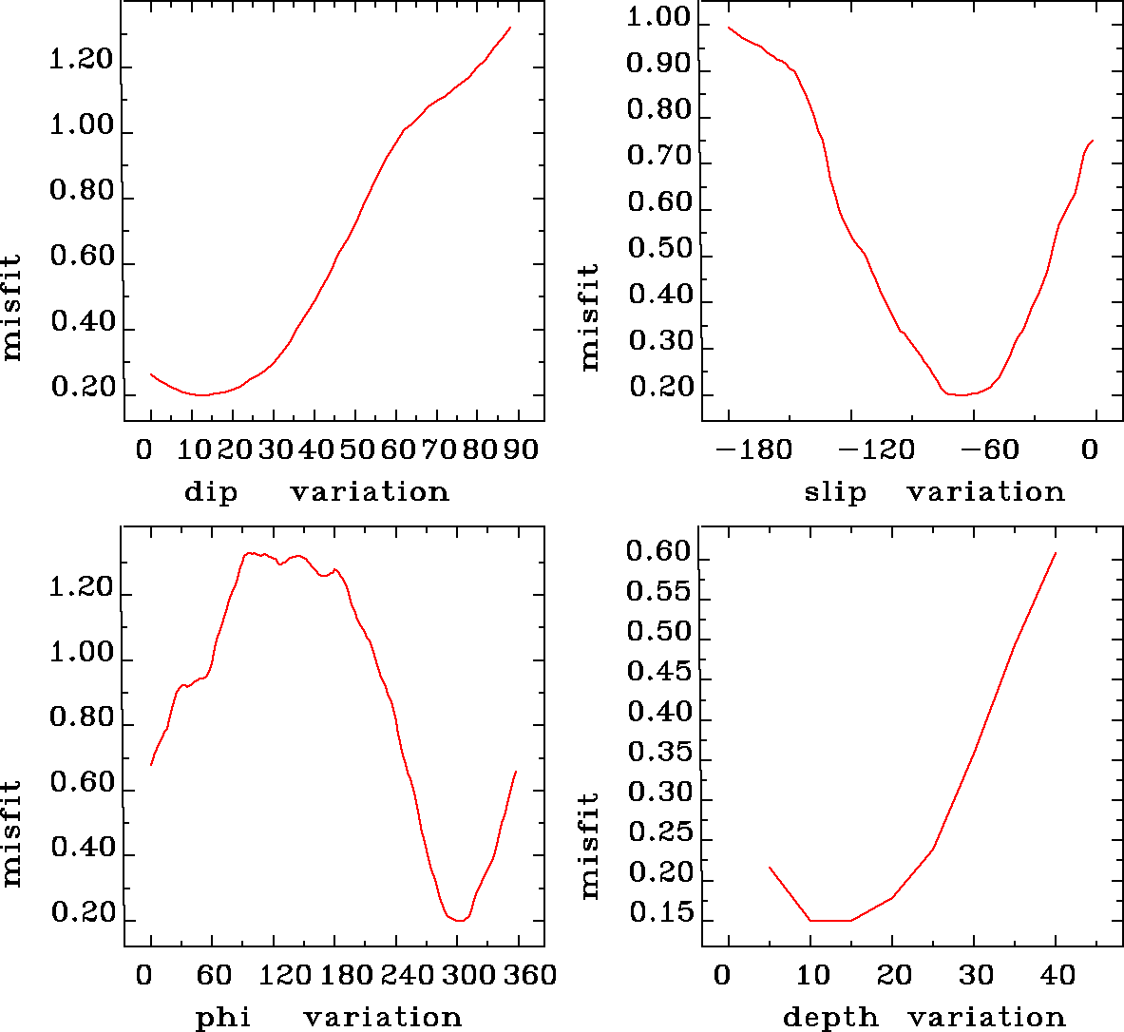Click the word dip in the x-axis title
(210, 492)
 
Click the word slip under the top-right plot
(835, 492)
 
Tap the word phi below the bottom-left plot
(223, 1018)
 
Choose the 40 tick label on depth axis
(1057, 975)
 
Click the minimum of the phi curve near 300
(459, 920)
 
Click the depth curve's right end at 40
(1056, 553)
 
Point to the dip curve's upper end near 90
(510, 28)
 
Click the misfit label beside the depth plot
(590, 846)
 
